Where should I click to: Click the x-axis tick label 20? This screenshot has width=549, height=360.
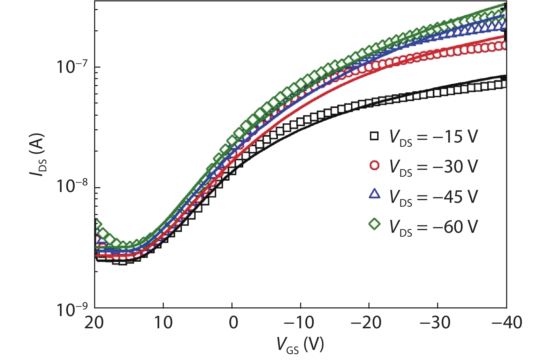click(x=94, y=323)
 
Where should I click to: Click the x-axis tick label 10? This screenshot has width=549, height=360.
click(x=163, y=323)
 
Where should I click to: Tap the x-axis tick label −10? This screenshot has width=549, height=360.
click(x=299, y=323)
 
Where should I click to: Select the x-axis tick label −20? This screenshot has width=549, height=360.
click(x=366, y=323)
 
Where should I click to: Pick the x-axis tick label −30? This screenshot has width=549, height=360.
click(x=435, y=323)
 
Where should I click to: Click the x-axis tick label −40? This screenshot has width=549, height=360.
click(x=506, y=323)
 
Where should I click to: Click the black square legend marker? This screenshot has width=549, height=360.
click(x=374, y=136)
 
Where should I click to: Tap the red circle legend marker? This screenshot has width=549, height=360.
click(x=374, y=166)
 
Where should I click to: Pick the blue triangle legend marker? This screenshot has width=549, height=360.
click(x=374, y=194)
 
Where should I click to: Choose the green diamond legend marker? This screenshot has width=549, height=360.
click(x=374, y=224)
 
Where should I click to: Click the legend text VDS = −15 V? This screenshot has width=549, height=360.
click(x=433, y=137)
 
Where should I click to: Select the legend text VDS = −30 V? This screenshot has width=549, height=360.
click(x=433, y=167)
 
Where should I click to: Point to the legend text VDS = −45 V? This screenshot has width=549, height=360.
click(x=433, y=197)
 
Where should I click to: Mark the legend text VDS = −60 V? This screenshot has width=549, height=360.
click(x=433, y=227)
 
